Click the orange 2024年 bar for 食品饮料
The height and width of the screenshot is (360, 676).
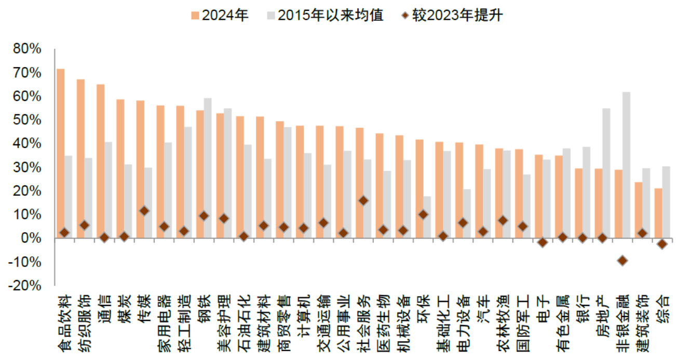pos(60,153)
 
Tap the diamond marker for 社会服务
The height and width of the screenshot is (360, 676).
pos(363,201)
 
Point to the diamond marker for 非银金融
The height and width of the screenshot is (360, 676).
pos(622,260)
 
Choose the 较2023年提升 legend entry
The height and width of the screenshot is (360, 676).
pos(452,15)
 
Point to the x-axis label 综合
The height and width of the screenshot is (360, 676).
pos(663,307)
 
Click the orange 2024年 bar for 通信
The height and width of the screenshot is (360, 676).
pos(100,161)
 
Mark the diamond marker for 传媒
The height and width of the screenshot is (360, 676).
pos(144,210)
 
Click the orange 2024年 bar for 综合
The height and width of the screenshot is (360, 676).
pos(658,213)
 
